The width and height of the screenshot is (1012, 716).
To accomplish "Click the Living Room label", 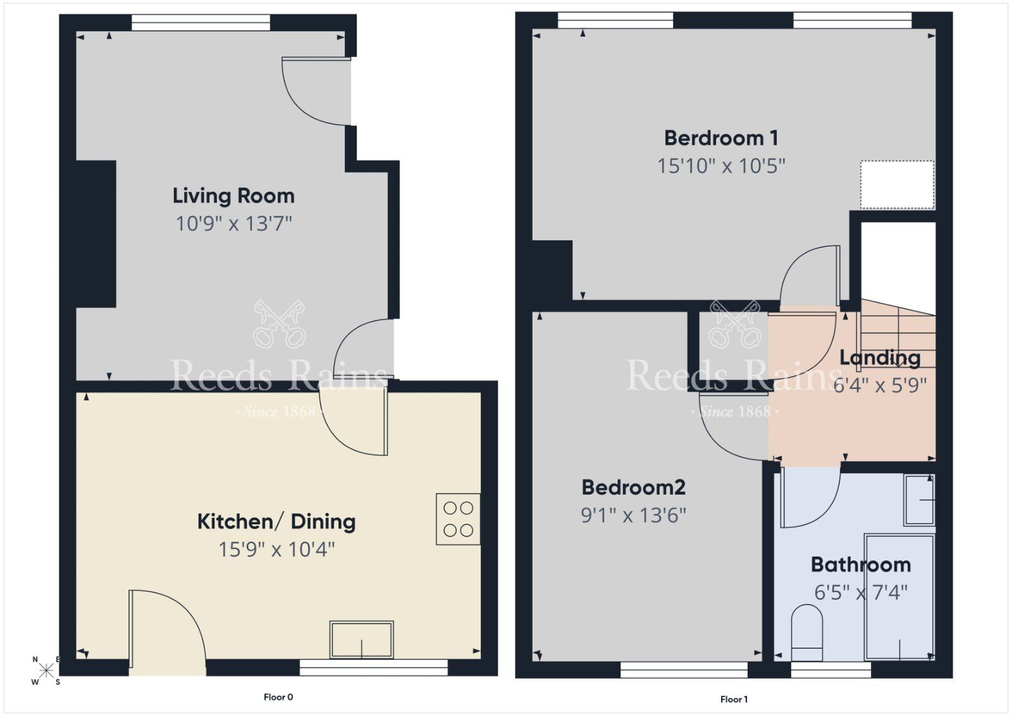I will (233, 196).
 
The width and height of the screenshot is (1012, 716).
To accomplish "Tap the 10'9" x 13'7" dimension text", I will (233, 223).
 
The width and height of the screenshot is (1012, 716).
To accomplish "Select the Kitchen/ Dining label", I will (276, 522).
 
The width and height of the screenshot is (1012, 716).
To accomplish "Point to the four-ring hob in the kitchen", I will (458, 519).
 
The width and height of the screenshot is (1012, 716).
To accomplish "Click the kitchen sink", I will (361, 639).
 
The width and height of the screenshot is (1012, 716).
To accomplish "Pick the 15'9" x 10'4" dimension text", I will (276, 549).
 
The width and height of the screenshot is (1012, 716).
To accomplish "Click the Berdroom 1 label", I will (721, 138).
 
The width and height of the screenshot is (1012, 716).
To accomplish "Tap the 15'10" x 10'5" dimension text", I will (721, 166).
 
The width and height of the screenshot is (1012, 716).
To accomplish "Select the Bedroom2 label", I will (633, 488).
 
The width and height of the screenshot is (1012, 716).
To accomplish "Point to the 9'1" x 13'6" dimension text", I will (633, 515).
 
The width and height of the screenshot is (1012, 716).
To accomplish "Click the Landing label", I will (880, 358).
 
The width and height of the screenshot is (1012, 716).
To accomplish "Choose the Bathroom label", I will (861, 564).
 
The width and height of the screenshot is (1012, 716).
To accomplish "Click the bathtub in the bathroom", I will (899, 596).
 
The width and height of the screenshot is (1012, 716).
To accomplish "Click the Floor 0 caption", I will (278, 697).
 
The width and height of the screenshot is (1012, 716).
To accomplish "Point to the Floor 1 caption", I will (734, 699).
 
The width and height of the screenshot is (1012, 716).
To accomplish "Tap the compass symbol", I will (46, 671).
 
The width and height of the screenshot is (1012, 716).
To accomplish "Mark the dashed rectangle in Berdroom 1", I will (897, 184).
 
